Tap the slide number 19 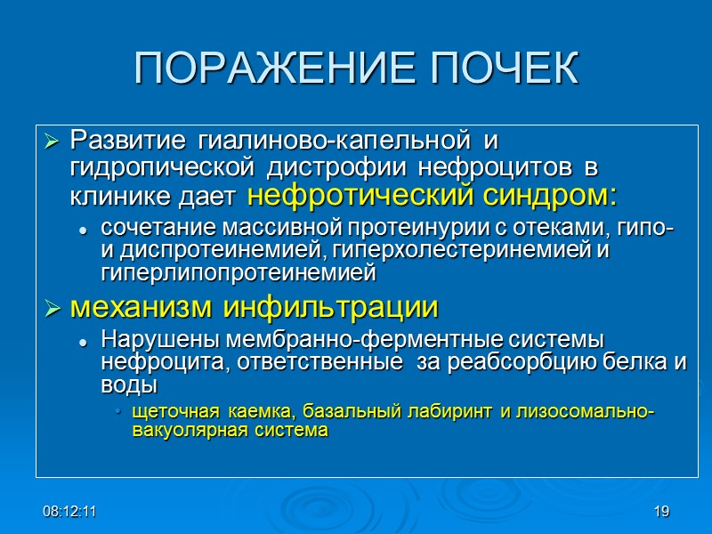[x=660, y=512]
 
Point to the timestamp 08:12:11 [x=70, y=512]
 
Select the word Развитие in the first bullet [x=129, y=141]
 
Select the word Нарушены [x=164, y=341]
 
